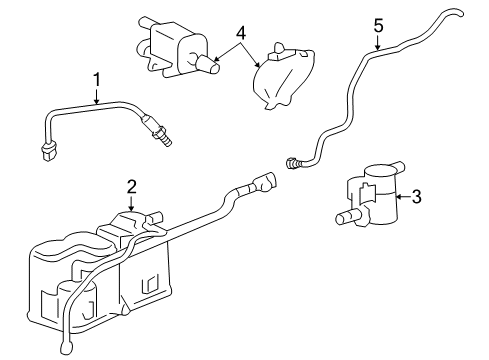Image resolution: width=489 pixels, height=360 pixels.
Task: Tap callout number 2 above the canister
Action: (131, 186)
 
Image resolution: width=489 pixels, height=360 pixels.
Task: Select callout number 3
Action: (417, 197)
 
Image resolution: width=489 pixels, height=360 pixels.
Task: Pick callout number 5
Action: (378, 24)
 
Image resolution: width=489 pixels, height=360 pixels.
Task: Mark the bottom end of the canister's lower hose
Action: (67, 349)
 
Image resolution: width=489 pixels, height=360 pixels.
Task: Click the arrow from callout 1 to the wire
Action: (97, 96)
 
